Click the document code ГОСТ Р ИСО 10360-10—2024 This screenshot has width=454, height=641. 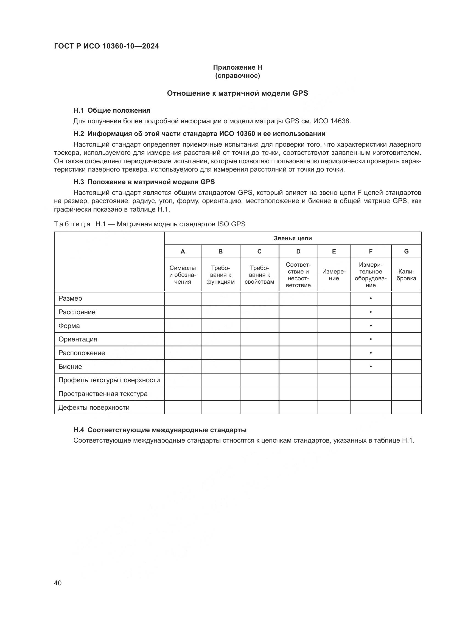[106, 46]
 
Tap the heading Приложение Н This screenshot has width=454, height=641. [237, 67]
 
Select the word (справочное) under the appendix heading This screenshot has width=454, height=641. [237, 76]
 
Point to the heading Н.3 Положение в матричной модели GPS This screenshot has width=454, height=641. [144, 182]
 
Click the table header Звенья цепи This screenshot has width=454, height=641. [293, 238]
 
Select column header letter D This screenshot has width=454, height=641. [298, 252]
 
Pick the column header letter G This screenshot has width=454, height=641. [406, 252]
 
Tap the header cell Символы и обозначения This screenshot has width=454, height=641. [183, 275]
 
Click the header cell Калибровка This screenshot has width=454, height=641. [406, 275]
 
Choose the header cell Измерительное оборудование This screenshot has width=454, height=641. [370, 275]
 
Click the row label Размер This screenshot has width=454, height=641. [70, 298]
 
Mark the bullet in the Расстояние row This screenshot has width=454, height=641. [371, 312]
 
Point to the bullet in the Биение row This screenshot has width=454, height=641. [371, 367]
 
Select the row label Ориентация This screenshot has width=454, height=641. [78, 339]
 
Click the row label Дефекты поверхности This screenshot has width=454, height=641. [94, 407]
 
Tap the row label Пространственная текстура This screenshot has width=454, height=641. [103, 394]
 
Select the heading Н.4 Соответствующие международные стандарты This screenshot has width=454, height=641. [160, 430]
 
